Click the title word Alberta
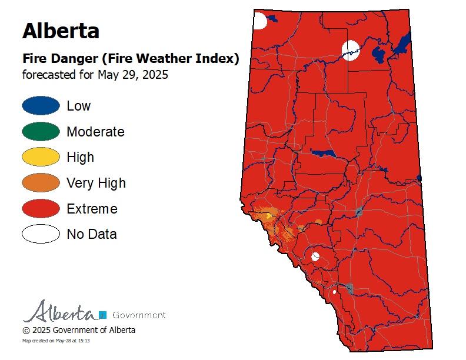tap(61, 30)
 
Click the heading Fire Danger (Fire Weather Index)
tap(130, 59)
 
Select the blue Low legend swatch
tap(41, 106)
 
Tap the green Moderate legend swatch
tap(41, 132)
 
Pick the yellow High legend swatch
tap(41, 157)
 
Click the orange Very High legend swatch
tap(41, 183)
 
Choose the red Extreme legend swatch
tap(41, 208)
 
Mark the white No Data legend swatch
tap(41, 234)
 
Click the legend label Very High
tap(96, 183)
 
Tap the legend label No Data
tap(92, 234)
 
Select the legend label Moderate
tap(95, 132)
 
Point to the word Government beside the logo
tap(138, 315)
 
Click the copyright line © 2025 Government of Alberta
tap(79, 330)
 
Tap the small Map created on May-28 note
tap(56, 341)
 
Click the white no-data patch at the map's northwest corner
tap(259, 21)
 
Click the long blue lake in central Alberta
tap(322, 153)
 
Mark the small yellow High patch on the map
tap(269, 216)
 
